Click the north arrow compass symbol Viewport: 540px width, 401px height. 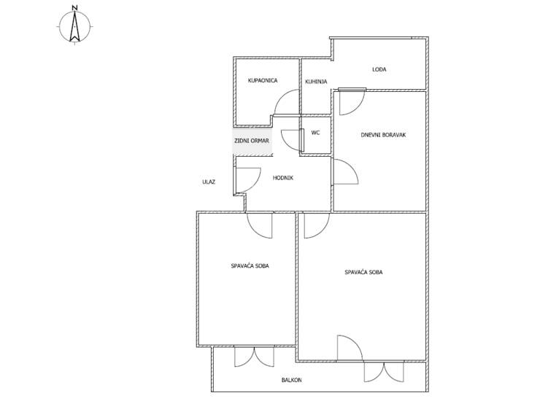coord(74,26)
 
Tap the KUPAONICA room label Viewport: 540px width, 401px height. coord(263,80)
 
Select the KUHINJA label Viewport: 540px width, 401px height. coord(316,82)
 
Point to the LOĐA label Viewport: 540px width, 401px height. coord(379,69)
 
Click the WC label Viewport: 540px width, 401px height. coord(315,133)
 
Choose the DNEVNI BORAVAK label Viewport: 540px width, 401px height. coord(383,135)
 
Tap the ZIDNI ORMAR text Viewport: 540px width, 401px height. coord(252,141)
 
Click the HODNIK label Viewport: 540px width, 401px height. coord(282,178)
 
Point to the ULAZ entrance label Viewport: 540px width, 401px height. coord(209,182)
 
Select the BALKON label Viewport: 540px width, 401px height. coord(291,380)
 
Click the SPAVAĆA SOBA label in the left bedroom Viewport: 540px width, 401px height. coord(250,265)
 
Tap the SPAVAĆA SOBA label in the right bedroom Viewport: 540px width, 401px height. coord(363,272)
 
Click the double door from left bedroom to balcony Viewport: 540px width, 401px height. coord(254,357)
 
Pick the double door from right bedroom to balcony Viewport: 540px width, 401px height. coord(384,372)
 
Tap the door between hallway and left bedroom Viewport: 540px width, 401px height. coord(260,225)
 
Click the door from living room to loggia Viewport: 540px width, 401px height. coord(352,101)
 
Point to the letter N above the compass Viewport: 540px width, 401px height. coord(74,7)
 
